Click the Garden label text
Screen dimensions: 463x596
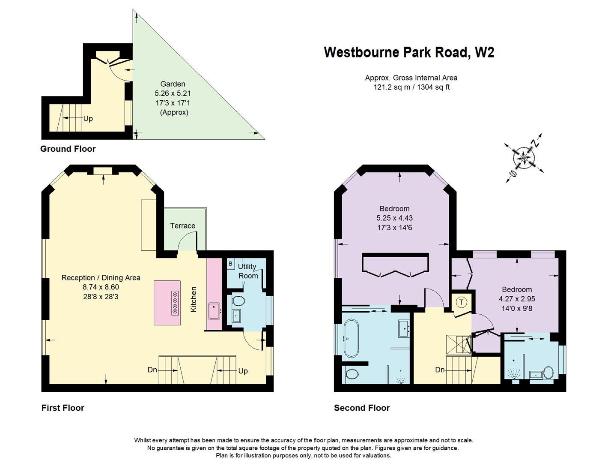173,84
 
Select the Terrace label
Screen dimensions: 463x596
182,226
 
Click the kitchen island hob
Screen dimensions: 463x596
175,303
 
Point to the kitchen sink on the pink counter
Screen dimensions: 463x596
214,310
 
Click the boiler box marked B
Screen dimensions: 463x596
230,264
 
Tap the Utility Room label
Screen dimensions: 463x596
248,271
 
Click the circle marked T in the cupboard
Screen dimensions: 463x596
462,302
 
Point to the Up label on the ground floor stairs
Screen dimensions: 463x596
88,119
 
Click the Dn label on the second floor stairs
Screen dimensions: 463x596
439,370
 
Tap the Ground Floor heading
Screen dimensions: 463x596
68,149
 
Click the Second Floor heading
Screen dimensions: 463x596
362,408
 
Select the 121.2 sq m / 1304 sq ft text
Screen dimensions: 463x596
411,87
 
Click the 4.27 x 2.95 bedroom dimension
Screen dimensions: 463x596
517,299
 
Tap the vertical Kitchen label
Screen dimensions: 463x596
194,299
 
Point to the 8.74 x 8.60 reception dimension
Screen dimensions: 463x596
101,287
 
